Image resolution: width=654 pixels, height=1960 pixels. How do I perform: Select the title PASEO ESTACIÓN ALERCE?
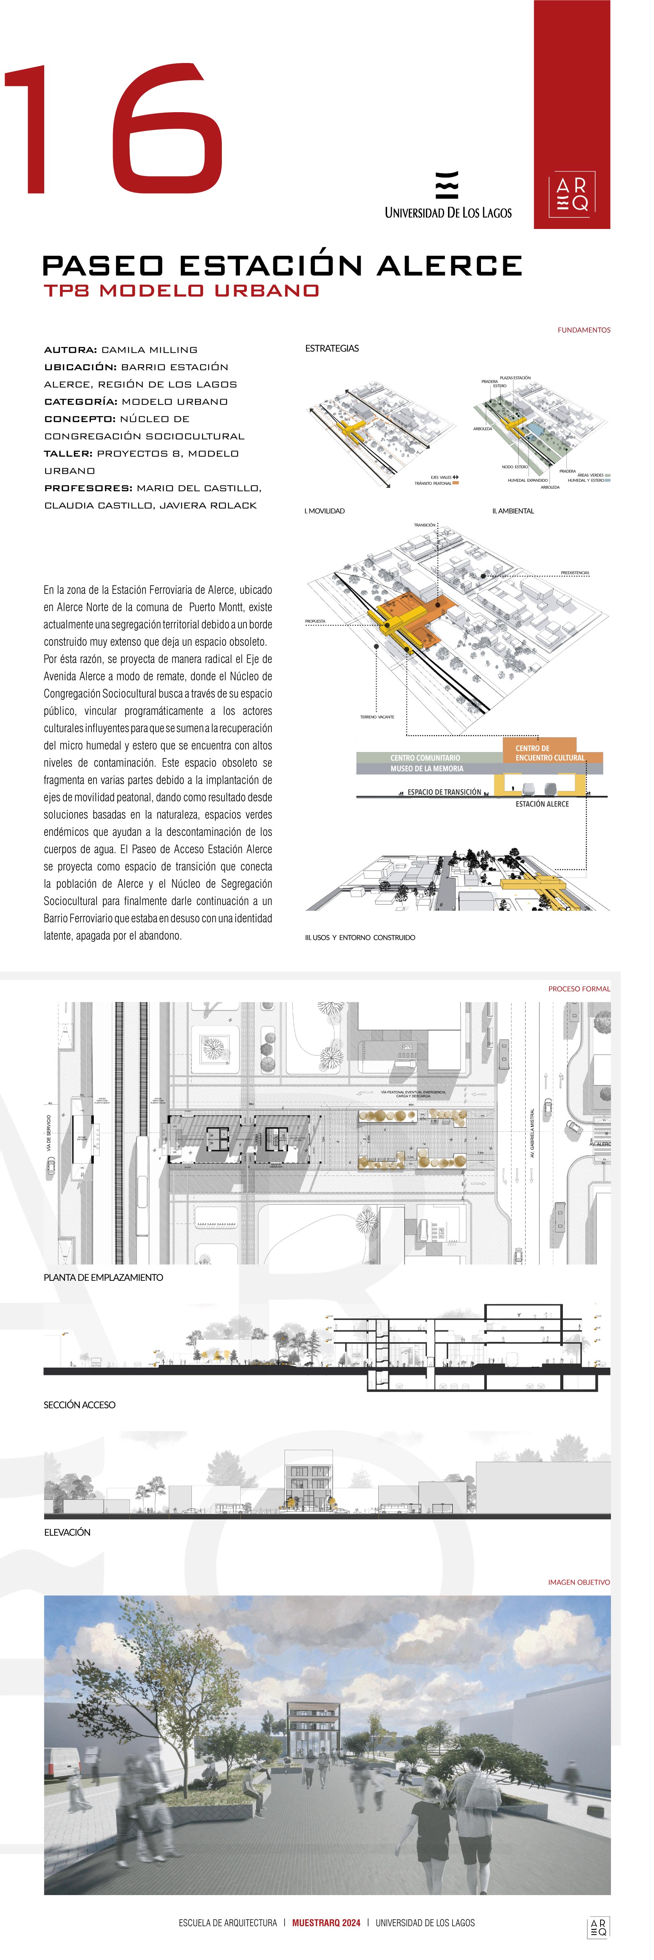[x=282, y=265]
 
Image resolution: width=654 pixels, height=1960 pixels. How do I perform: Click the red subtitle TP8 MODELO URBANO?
[x=181, y=291]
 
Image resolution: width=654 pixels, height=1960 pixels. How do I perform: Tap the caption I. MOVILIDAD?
[x=325, y=511]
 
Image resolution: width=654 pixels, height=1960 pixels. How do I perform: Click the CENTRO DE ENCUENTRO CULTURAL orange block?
[x=548, y=753]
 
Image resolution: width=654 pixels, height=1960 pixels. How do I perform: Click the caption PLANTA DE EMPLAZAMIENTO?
[x=103, y=1277]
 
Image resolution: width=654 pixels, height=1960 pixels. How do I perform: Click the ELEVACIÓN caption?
[x=67, y=1532]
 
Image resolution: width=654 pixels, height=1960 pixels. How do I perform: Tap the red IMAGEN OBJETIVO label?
[x=579, y=1582]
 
